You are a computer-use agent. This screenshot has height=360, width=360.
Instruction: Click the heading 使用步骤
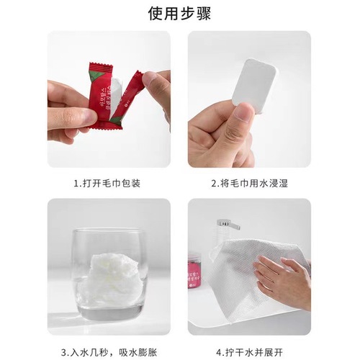180,14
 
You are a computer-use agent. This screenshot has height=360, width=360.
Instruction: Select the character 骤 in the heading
205,14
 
